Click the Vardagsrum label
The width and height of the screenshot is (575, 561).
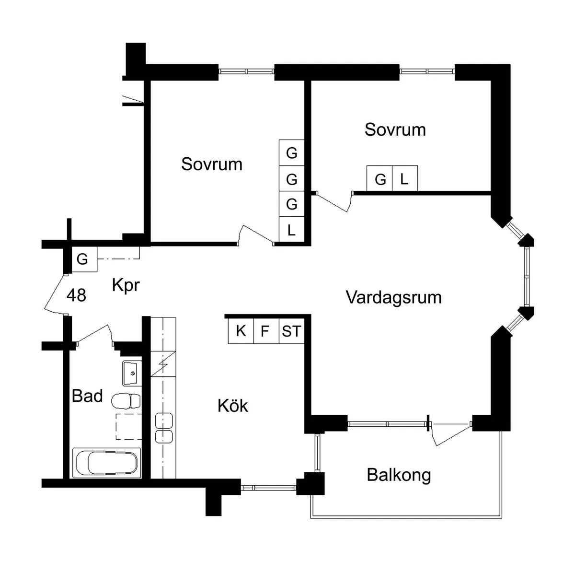[x=393, y=297]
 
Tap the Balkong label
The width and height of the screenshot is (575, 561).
[x=399, y=475]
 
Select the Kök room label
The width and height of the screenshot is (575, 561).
[x=233, y=406]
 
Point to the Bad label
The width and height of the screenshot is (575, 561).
[x=87, y=396]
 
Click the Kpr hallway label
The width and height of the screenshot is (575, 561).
[x=126, y=285]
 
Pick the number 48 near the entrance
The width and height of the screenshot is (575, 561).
[x=76, y=295]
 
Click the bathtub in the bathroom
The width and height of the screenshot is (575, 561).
[x=106, y=463]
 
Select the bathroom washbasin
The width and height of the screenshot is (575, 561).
[x=131, y=373]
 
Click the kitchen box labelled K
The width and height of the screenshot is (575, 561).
[x=241, y=331]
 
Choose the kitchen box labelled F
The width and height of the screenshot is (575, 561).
[x=265, y=331]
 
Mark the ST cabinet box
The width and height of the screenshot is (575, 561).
[x=291, y=331]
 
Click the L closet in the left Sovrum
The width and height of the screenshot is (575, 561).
[x=291, y=231]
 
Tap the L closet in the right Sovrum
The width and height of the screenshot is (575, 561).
[x=404, y=179]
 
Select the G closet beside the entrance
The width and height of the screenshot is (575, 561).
[x=82, y=259]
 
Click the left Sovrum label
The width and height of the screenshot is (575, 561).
[x=212, y=164]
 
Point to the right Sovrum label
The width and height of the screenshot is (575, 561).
[x=395, y=129]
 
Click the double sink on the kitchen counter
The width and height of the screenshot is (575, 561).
[x=163, y=428]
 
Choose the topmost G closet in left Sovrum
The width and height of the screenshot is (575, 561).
[x=291, y=153]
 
